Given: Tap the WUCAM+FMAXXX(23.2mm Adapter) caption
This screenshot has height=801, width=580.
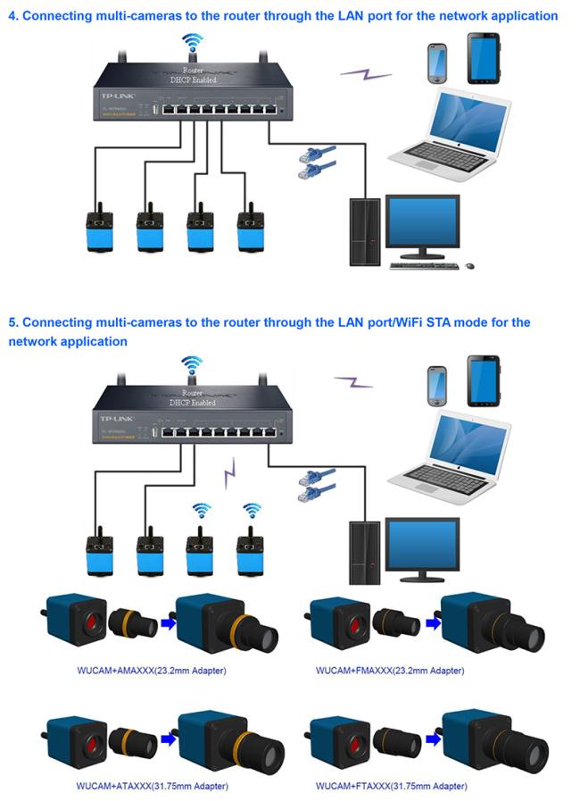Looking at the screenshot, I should [x=390, y=670].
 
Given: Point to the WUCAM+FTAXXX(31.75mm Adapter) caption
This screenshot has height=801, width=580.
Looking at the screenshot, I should [x=390, y=786].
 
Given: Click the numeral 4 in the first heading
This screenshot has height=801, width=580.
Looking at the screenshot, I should [x=12, y=16].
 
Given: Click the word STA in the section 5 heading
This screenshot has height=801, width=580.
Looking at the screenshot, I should [x=404, y=322].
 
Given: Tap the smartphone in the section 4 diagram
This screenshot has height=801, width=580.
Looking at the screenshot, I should [x=437, y=61].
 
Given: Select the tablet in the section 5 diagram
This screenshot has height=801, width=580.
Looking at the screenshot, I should [x=484, y=381].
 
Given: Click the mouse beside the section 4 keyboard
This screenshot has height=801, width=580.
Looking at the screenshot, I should [x=470, y=265].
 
